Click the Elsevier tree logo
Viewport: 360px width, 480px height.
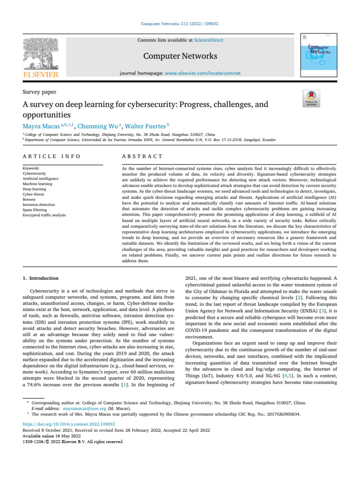pyautogui.click(x=41, y=53)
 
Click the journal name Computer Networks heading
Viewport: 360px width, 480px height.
pyautogui.click(x=180, y=56)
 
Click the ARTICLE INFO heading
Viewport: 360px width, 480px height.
pyautogui.click(x=51, y=156)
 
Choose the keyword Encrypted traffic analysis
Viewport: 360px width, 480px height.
pyautogui.click(x=44, y=215)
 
